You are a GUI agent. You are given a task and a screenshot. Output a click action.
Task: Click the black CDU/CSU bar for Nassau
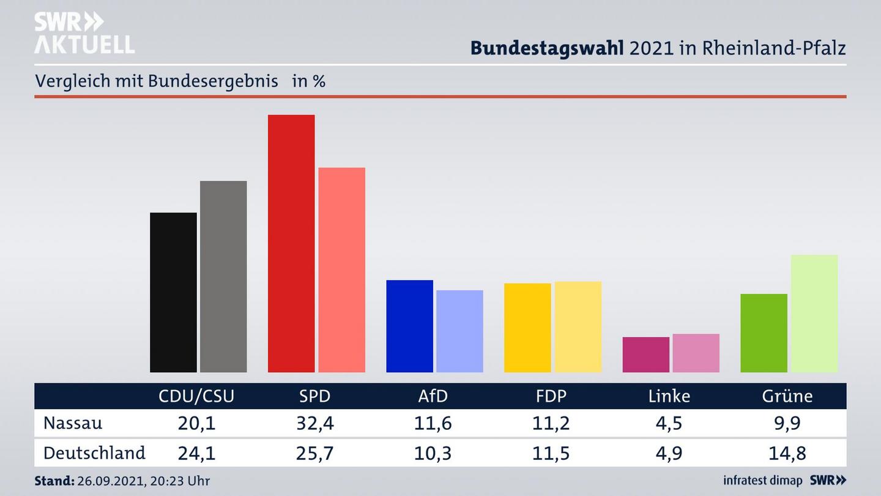point(173,293)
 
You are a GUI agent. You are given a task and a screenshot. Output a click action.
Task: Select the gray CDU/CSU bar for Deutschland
point(223,277)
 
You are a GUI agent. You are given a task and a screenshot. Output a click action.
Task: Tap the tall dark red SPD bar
point(291,244)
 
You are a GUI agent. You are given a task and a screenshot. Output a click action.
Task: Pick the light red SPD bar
point(341,270)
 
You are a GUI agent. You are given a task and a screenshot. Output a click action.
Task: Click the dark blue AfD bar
point(409,326)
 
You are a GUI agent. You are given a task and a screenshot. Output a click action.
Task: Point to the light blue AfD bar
point(459,331)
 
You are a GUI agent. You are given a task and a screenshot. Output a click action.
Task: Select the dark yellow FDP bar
point(527,328)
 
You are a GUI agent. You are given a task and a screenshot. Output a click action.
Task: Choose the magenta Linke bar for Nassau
point(645,355)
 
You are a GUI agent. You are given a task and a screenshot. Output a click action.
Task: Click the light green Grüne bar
point(814,314)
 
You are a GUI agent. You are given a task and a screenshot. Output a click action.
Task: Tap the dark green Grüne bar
point(764,333)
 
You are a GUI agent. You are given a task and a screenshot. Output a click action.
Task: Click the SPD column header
point(314,396)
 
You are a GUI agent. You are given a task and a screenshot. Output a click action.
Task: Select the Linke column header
point(669,396)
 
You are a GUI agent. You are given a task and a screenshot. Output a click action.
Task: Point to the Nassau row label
point(73,423)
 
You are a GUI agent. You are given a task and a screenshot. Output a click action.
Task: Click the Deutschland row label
point(94,453)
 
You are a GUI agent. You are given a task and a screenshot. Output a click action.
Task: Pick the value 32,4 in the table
point(314,423)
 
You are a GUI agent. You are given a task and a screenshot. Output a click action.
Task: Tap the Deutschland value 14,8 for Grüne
point(787,453)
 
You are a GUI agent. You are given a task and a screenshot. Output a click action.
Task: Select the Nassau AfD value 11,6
point(433,423)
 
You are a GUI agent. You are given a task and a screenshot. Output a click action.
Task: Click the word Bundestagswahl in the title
point(547,48)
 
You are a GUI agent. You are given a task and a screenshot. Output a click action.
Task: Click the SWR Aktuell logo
point(84,33)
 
